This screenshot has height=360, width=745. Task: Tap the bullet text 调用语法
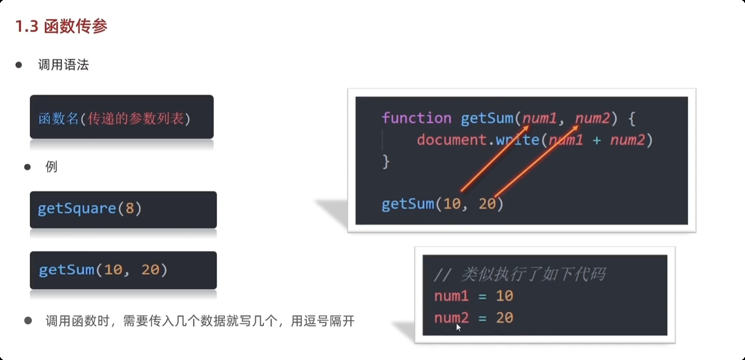pos(63,65)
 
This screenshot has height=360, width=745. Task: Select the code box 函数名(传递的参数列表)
pos(122,117)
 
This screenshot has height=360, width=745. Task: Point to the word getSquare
pos(76,209)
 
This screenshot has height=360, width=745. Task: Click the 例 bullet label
pos(52,167)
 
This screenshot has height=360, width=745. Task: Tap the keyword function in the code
pos(416,118)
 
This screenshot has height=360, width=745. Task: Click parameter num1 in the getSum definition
pos(540,118)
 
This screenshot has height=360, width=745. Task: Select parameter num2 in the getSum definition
pos(593,118)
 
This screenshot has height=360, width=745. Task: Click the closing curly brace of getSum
pos(385,161)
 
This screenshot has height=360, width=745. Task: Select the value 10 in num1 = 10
pos(504,296)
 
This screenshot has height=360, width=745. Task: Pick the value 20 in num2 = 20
pos(504,318)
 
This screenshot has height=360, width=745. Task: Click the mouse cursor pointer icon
pos(458,327)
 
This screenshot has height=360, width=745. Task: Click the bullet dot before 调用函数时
pos(27,320)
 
